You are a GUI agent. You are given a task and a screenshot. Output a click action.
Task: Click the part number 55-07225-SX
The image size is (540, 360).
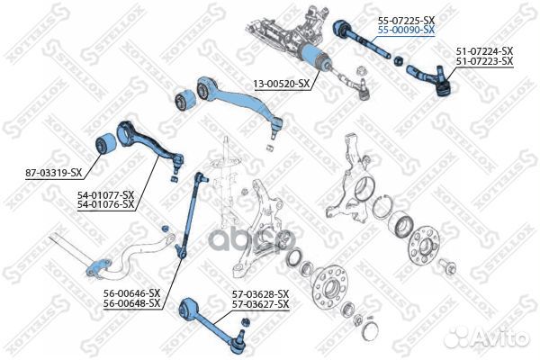[x=407, y=21]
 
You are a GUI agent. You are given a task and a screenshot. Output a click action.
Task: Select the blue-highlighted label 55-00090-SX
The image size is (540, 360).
[x=407, y=30]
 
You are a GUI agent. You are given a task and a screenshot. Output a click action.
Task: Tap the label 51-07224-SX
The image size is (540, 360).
[x=484, y=51]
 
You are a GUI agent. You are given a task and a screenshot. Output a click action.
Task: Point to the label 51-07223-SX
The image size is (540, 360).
[x=484, y=61]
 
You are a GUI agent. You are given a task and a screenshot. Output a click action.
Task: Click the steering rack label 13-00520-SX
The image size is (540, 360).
[x=282, y=84]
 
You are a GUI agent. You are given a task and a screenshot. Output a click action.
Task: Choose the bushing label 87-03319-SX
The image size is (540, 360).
[x=54, y=173]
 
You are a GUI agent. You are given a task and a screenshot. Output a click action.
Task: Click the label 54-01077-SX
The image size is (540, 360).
[x=105, y=195]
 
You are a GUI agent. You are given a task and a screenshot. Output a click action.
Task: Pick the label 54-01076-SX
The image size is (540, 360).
[x=105, y=204]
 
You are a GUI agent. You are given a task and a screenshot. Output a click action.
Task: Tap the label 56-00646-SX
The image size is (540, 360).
[x=132, y=293]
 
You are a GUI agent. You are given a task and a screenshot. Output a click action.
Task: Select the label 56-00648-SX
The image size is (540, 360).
[x=132, y=303]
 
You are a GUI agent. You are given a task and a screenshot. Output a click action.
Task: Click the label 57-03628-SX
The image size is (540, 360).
[x=261, y=294]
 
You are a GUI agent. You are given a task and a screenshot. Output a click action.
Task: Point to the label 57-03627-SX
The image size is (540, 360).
[x=261, y=304]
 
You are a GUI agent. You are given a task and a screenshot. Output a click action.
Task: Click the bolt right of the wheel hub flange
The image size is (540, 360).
[x=448, y=266]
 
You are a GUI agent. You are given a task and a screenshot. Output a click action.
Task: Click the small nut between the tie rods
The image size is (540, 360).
[x=398, y=61]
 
